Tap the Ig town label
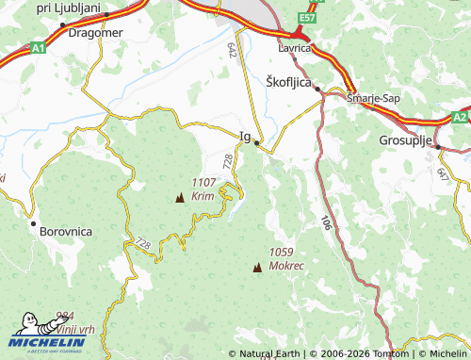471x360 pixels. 245,137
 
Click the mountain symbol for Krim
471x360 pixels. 180,198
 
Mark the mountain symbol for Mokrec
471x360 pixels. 256,268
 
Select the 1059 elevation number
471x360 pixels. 282,253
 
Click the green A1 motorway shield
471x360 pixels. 37,46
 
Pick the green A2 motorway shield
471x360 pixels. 459,117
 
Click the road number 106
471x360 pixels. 325,223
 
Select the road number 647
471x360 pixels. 443,173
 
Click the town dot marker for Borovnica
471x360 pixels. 33,225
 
